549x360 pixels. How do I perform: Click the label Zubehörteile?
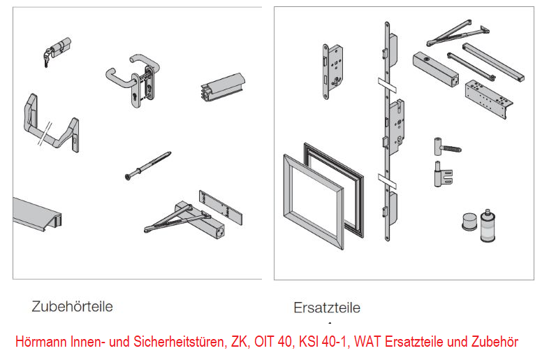click(x=72, y=306)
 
